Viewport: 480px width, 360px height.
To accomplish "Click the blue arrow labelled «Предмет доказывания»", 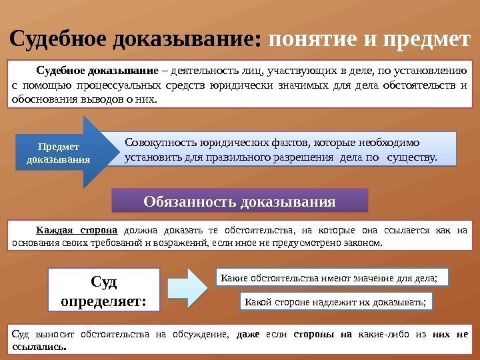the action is point(60,153).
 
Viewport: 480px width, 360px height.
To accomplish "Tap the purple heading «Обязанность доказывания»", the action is point(239,201).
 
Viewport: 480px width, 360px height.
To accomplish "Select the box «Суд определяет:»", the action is point(103,291).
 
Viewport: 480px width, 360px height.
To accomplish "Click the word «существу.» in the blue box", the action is point(412,158).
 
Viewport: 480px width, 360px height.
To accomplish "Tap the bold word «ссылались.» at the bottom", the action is point(39,347).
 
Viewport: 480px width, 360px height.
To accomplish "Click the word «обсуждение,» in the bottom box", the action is point(199,334).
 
